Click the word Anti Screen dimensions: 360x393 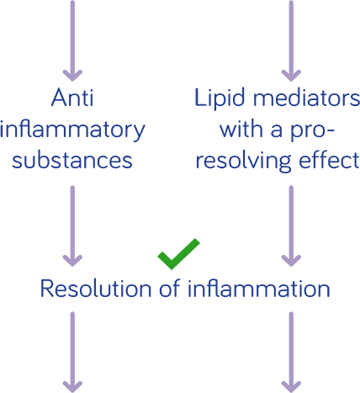[72, 98]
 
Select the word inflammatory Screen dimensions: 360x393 [72, 130]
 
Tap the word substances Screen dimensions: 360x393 [72, 160]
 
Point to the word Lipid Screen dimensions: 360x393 [220, 98]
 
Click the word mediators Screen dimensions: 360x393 [306, 98]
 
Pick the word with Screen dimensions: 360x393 [241, 129]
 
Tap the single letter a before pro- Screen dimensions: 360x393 [276, 131]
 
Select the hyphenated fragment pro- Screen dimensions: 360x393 [312, 132]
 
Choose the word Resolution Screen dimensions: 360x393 [96, 288]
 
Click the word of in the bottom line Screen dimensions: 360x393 [170, 288]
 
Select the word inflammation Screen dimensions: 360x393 [259, 288]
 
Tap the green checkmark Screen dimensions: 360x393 [178, 253]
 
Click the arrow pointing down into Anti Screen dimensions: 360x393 [72, 41]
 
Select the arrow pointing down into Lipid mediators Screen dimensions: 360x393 [291, 41]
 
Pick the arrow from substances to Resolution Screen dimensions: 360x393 [72, 226]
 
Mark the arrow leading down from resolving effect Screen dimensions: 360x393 [291, 226]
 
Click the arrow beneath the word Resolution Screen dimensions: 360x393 [72, 352]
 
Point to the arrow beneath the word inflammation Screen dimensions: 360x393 [291, 352]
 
